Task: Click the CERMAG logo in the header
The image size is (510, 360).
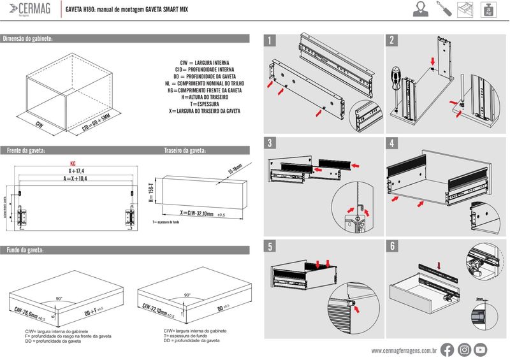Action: (29, 10)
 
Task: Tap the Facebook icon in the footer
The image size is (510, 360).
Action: (448, 349)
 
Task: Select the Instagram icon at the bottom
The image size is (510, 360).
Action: (464, 349)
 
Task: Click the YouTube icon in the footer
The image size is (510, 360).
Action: (481, 349)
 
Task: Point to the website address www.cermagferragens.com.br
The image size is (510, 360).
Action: (404, 350)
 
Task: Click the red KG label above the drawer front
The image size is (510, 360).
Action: (73, 163)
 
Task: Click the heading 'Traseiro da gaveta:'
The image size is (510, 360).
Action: (186, 151)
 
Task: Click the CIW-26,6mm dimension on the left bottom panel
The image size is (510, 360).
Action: (28, 313)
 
